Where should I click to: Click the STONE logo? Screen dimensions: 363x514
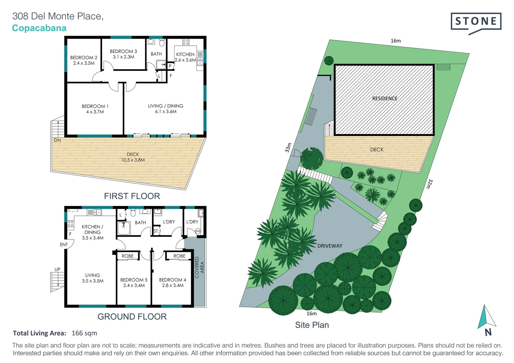click(476, 22)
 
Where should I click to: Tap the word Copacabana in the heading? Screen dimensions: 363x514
click(39, 28)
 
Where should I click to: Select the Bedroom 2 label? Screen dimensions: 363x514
click(84, 60)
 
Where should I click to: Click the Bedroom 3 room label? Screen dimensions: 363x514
click(123, 54)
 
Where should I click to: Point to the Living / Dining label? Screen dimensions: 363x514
click(166, 109)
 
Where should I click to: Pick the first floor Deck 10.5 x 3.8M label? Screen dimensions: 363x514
click(133, 157)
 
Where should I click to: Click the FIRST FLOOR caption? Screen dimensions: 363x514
click(132, 196)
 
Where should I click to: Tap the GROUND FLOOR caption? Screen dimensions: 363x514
click(132, 317)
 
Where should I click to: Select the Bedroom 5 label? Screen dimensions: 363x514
click(134, 282)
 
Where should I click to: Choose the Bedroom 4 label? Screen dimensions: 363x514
click(173, 282)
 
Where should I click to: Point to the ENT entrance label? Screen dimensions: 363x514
click(64, 245)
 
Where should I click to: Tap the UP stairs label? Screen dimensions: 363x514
click(58, 270)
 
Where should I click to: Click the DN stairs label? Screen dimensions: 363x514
click(58, 140)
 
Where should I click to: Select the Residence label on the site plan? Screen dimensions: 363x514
click(385, 98)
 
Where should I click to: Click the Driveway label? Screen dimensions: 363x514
click(330, 246)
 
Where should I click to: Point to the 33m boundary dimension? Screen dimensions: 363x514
click(288, 148)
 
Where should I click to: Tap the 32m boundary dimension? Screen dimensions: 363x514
click(430, 184)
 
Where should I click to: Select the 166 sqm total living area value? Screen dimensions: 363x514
click(84, 333)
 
